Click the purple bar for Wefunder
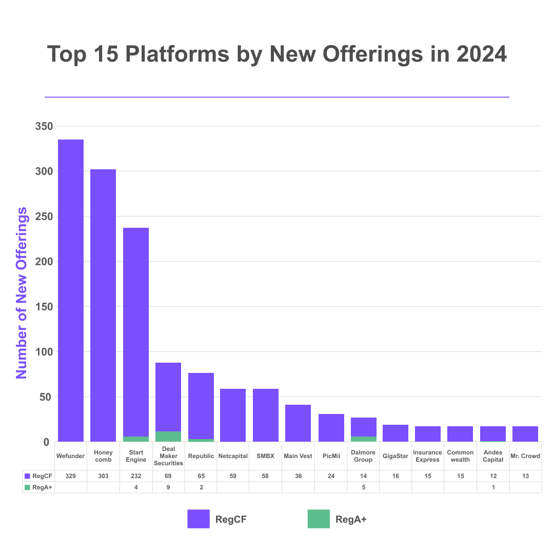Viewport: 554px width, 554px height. point(71,290)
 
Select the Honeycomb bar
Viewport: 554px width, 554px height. point(103,305)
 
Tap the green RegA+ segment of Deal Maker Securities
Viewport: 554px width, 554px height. point(168,437)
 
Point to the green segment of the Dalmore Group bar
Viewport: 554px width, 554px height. point(363,439)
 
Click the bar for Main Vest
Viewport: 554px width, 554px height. point(298,423)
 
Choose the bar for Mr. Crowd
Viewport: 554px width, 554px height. point(525,434)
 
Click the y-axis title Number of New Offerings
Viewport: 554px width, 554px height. point(22,293)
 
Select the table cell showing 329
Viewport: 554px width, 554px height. point(71,476)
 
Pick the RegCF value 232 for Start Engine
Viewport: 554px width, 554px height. point(136,476)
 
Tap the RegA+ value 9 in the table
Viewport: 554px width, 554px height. point(168,487)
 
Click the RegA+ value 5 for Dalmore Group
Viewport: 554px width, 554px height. point(363,487)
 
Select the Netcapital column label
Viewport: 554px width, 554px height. point(233,456)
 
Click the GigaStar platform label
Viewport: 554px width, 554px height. point(395,456)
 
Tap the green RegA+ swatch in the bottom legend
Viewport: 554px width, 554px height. point(319,519)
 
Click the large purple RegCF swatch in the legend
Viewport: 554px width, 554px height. point(199,519)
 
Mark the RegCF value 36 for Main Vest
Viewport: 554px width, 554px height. point(298,476)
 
